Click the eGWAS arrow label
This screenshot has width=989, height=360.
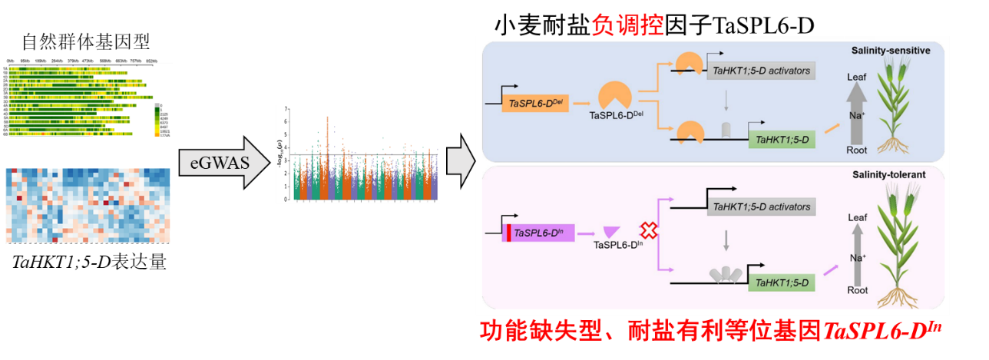pyautogui.click(x=220, y=162)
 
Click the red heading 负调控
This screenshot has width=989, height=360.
pyautogui.click(x=627, y=25)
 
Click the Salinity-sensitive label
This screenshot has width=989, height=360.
pyautogui.click(x=890, y=51)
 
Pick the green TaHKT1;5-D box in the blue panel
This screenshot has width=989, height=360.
pyautogui.click(x=782, y=140)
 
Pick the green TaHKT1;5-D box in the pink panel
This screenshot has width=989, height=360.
pyautogui.click(x=782, y=283)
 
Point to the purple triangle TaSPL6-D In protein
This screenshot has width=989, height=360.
pyautogui.click(x=612, y=232)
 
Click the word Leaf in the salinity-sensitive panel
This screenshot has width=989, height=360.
pyautogui.click(x=856, y=77)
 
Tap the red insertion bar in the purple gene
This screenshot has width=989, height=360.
pyautogui.click(x=508, y=233)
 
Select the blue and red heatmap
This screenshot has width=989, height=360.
pyautogui.click(x=88, y=205)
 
